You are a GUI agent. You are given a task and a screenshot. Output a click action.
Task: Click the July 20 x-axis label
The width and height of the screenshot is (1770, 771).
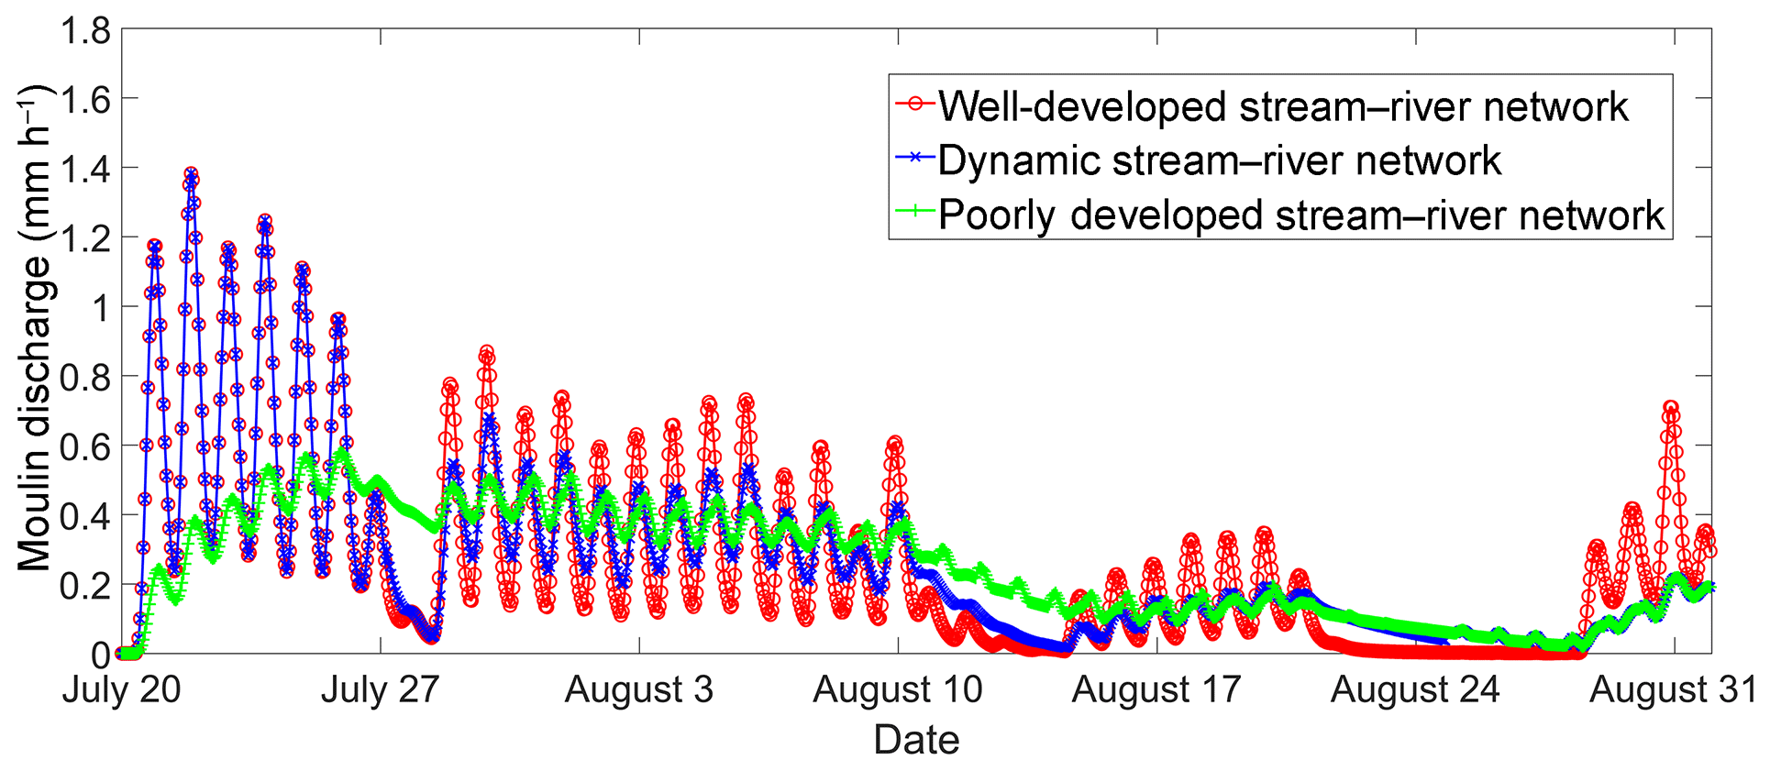pyautogui.click(x=121, y=690)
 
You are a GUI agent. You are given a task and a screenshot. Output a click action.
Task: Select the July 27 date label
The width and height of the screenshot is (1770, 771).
pyautogui.click(x=380, y=690)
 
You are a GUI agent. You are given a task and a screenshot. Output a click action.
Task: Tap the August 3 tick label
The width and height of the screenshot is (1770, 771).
pyautogui.click(x=638, y=690)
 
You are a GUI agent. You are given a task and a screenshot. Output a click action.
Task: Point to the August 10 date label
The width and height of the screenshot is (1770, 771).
pyautogui.click(x=897, y=690)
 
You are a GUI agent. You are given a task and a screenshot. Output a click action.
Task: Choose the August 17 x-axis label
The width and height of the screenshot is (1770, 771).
pyautogui.click(x=1156, y=690)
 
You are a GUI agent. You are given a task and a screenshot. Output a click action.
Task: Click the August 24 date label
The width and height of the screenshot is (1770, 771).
pyautogui.click(x=1414, y=690)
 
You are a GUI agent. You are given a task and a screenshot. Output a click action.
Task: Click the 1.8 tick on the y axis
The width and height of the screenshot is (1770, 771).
pyautogui.click(x=85, y=31)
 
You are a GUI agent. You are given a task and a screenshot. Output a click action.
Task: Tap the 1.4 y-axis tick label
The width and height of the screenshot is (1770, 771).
pyautogui.click(x=85, y=170)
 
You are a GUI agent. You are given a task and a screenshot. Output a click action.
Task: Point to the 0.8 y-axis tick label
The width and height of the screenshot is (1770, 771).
pyautogui.click(x=85, y=378)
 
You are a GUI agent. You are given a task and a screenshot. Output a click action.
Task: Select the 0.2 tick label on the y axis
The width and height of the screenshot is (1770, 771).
pyautogui.click(x=85, y=585)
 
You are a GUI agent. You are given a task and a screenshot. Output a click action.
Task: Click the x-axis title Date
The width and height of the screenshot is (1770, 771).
pyautogui.click(x=915, y=740)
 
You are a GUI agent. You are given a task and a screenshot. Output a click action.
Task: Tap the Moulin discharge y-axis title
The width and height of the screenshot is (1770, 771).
pyautogui.click(x=35, y=328)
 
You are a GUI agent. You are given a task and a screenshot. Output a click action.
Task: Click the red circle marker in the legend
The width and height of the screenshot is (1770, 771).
pyautogui.click(x=914, y=104)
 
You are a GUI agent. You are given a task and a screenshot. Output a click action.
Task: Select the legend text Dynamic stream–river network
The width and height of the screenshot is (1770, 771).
pyautogui.click(x=1219, y=161)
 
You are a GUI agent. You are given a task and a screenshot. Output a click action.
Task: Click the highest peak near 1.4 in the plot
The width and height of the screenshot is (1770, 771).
pyautogui.click(x=191, y=173)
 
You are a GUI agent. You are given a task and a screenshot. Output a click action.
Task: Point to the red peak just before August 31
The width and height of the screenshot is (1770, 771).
pyautogui.click(x=1671, y=407)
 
